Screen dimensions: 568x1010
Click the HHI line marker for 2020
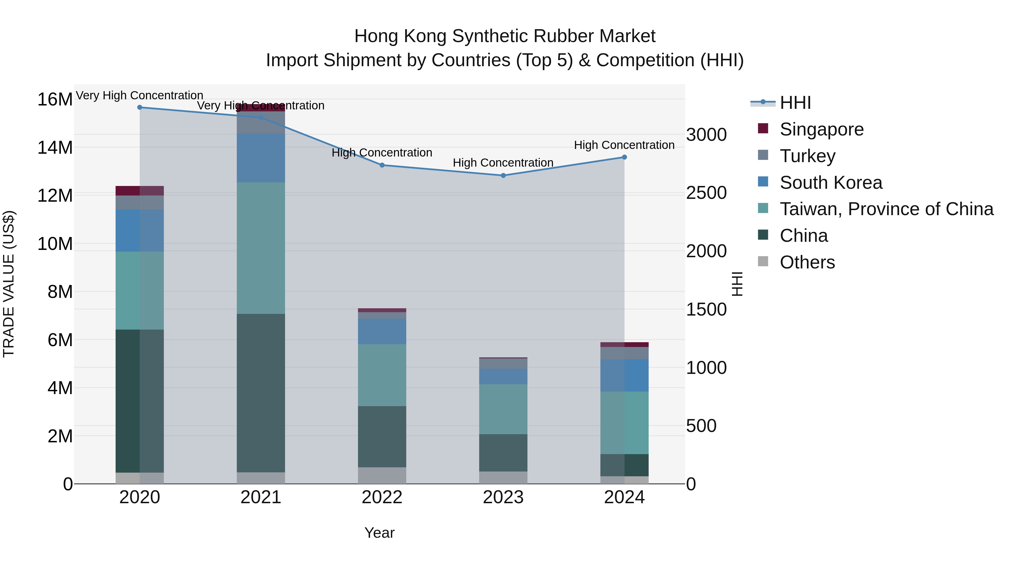click(140, 107)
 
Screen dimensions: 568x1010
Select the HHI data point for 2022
click(382, 165)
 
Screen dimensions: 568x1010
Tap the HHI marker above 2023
click(503, 176)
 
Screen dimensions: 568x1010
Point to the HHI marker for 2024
click(624, 157)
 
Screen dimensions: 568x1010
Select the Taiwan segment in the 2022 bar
click(382, 375)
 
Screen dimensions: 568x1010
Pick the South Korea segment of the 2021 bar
click(261, 158)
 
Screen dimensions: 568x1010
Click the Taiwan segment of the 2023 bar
click(503, 409)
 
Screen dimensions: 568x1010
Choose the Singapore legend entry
click(821, 129)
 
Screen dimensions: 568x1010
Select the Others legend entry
click(807, 262)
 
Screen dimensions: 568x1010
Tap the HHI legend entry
click(795, 103)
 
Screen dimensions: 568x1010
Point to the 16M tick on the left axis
click(55, 100)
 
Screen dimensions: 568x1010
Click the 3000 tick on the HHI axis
click(706, 135)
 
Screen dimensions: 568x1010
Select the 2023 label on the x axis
click(503, 497)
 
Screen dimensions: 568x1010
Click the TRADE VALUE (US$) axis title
click(9, 284)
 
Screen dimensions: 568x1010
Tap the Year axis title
click(379, 533)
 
